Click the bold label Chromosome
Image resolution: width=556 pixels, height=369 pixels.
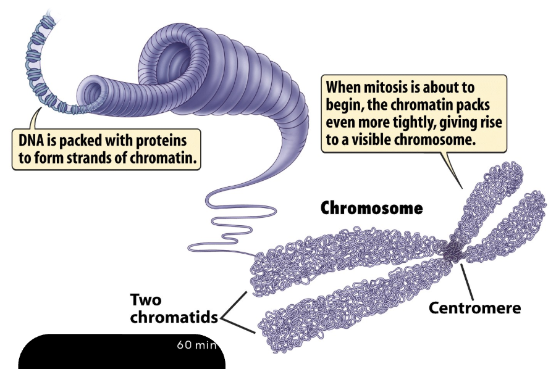[372, 208]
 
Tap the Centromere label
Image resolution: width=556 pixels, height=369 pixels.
[475, 307]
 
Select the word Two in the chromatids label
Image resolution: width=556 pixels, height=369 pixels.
[146, 300]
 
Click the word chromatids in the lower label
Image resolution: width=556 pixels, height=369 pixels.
[174, 317]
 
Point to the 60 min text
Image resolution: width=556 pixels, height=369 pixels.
[197, 344]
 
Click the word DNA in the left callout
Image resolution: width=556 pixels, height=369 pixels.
[32, 141]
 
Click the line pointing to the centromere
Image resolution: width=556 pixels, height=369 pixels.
[466, 282]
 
